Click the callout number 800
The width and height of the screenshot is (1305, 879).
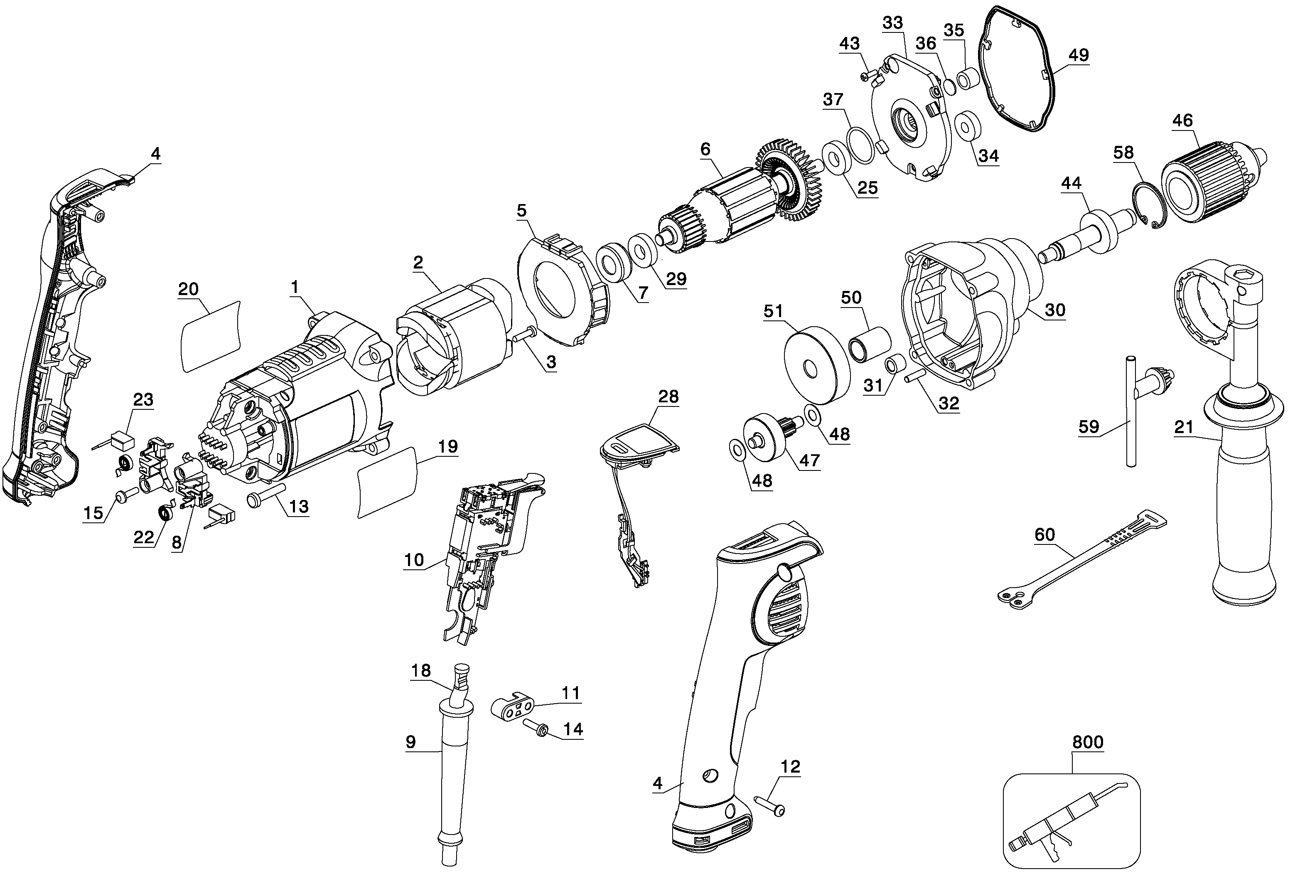(1088, 742)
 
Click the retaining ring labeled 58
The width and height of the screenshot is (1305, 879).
(1149, 206)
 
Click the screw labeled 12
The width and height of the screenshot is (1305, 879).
(770, 805)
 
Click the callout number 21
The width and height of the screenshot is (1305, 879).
(1184, 427)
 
